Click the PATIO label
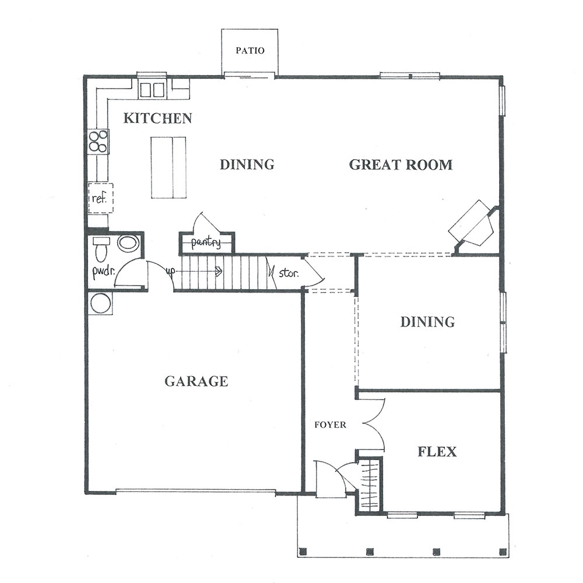click(x=250, y=51)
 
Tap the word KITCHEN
click(x=157, y=118)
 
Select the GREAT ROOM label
click(x=401, y=165)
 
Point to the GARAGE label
click(x=196, y=381)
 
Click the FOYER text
click(x=330, y=424)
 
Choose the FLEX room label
click(x=437, y=452)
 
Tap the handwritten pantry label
click(x=206, y=243)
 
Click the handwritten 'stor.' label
click(x=289, y=273)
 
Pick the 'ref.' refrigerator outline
click(x=100, y=198)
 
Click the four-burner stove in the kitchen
click(x=99, y=142)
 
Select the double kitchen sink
click(x=152, y=90)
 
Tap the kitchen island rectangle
click(x=168, y=168)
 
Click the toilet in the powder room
click(x=101, y=249)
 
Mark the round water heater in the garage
click(x=100, y=303)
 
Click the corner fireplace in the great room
click(x=473, y=225)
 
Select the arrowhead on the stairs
click(x=219, y=272)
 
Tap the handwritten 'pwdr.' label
click(x=104, y=272)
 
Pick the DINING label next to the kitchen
click(x=247, y=164)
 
